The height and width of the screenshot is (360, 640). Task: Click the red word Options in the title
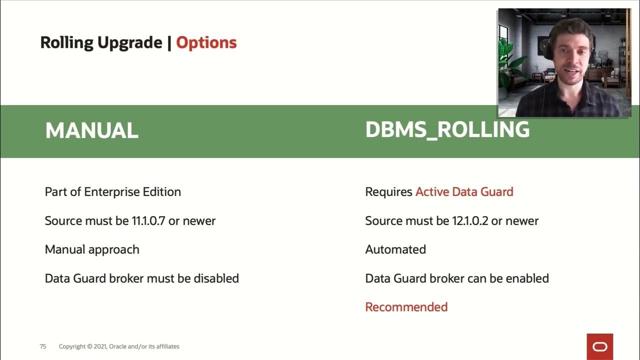point(206,43)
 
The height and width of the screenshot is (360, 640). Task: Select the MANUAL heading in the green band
point(91,131)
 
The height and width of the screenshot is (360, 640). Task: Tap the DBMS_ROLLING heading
point(447,130)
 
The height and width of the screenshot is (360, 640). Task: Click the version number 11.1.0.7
point(148,221)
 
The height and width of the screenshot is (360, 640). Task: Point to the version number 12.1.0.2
point(470,221)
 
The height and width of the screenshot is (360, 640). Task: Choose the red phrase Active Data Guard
point(464,192)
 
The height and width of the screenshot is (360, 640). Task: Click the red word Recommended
point(406,307)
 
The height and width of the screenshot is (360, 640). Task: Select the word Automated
point(395,249)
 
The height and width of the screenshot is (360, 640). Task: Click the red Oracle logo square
point(599,346)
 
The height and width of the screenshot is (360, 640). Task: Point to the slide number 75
point(43,346)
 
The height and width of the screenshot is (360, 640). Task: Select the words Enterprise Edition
point(132,192)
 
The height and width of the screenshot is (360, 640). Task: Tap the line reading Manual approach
point(92,249)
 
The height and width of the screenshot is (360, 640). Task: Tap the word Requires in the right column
point(388,192)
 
